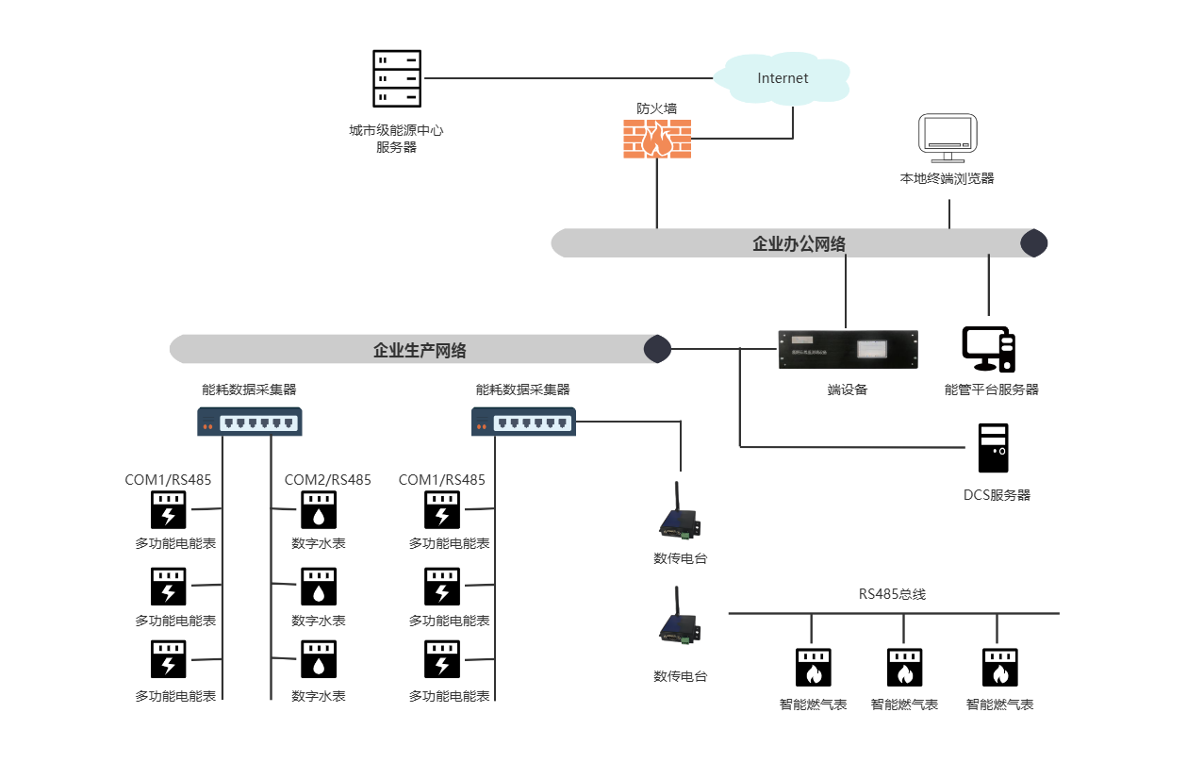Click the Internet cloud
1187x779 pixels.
coord(783,78)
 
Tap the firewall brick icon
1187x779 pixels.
coord(657,139)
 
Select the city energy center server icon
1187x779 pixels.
coord(396,78)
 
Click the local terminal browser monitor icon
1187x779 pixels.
coord(948,139)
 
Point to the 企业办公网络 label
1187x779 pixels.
coord(799,244)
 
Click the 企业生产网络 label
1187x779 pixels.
coord(420,351)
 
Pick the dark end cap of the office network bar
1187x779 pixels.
coord(1034,243)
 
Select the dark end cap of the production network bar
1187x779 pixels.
coord(657,349)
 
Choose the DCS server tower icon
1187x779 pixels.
coord(993,448)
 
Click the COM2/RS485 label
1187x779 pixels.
coord(328,480)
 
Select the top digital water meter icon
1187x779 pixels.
coord(319,510)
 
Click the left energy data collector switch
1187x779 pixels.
coord(249,422)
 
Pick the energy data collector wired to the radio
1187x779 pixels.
coord(523,422)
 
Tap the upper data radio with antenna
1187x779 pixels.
coord(680,516)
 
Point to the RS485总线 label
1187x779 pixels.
coord(892,594)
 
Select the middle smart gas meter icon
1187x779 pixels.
coord(904,667)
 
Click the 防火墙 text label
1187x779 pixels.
coord(656,108)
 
